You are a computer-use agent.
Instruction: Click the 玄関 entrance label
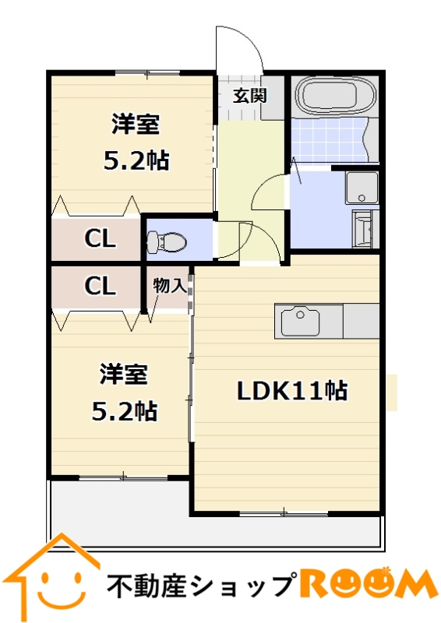click(249, 95)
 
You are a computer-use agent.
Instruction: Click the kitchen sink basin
click(300, 322)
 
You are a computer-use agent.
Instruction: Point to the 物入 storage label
click(170, 285)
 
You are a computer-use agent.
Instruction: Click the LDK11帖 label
click(292, 391)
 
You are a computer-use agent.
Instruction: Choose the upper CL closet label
click(100, 238)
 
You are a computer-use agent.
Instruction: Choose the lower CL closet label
click(100, 285)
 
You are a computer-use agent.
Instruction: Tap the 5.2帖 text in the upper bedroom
click(136, 160)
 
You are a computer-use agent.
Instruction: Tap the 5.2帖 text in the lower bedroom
click(124, 411)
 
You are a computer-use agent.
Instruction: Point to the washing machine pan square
click(362, 188)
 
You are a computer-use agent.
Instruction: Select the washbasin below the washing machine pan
click(362, 230)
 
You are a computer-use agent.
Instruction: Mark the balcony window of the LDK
click(284, 513)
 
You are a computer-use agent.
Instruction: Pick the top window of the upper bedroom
click(147, 72)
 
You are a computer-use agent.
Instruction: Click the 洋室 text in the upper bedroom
click(136, 125)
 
